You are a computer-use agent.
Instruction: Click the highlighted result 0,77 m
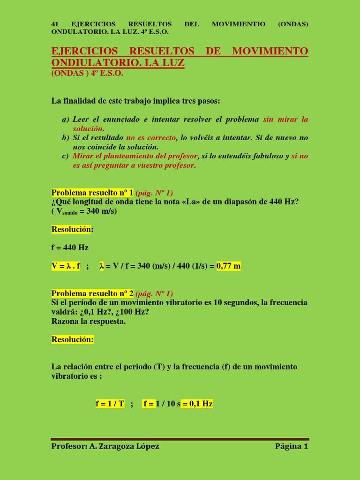[x=228, y=266]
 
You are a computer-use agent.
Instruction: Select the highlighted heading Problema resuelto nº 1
[x=92, y=193]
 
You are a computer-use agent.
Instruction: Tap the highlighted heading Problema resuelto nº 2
[x=92, y=293]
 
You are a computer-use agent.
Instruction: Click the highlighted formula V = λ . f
[x=66, y=266]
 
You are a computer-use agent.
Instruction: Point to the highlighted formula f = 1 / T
[x=110, y=404]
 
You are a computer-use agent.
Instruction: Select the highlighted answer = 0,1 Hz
[x=197, y=404]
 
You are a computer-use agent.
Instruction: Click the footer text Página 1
[x=292, y=446]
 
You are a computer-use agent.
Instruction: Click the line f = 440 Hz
[x=70, y=247]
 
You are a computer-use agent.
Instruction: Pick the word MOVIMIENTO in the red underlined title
[x=270, y=51]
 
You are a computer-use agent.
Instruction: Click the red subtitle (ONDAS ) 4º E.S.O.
[x=87, y=74]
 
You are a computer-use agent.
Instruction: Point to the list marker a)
[x=66, y=120]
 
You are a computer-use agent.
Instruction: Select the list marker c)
[x=66, y=156]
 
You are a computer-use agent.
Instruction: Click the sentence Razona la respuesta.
[x=89, y=321]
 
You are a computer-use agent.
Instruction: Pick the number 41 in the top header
[x=54, y=24]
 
